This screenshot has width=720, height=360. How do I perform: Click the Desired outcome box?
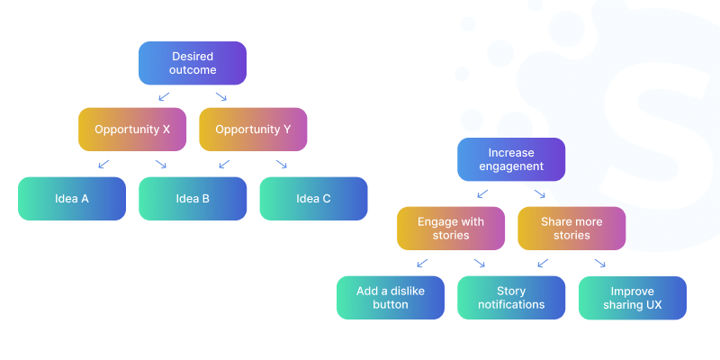pyautogui.click(x=192, y=63)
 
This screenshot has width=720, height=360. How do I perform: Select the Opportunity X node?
pyautogui.click(x=132, y=130)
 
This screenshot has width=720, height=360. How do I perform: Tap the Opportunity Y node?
pyautogui.click(x=253, y=130)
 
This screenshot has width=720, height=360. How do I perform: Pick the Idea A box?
pyautogui.click(x=72, y=199)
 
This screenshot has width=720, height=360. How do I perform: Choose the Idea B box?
pyautogui.click(x=193, y=199)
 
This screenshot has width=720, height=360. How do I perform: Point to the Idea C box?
pyautogui.click(x=313, y=199)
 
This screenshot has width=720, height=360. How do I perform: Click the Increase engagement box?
pyautogui.click(x=510, y=159)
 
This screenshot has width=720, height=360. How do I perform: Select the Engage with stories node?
pyautogui.click(x=450, y=229)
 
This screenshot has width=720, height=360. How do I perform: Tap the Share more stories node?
pyautogui.click(x=571, y=229)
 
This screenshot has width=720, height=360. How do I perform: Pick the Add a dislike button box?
pyautogui.click(x=390, y=298)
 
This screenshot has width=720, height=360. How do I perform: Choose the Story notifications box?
pyautogui.click(x=511, y=298)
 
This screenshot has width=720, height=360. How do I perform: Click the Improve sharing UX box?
pyautogui.click(x=632, y=298)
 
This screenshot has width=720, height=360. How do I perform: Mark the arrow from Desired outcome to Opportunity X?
pyautogui.click(x=163, y=96)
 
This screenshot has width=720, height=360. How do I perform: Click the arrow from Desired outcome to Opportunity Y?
pyautogui.click(x=221, y=96)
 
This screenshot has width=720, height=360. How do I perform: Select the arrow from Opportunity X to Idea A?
pyautogui.click(x=103, y=164)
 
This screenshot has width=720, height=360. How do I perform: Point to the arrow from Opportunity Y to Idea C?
pyautogui.click(x=282, y=164)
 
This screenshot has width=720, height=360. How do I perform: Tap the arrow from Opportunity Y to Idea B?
pyautogui.click(x=223, y=164)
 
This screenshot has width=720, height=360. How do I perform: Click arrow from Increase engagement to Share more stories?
pyautogui.click(x=540, y=193)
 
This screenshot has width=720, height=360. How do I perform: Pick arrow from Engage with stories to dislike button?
pyautogui.click(x=421, y=263)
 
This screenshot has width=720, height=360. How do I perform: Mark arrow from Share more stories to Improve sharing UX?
pyautogui.click(x=600, y=263)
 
